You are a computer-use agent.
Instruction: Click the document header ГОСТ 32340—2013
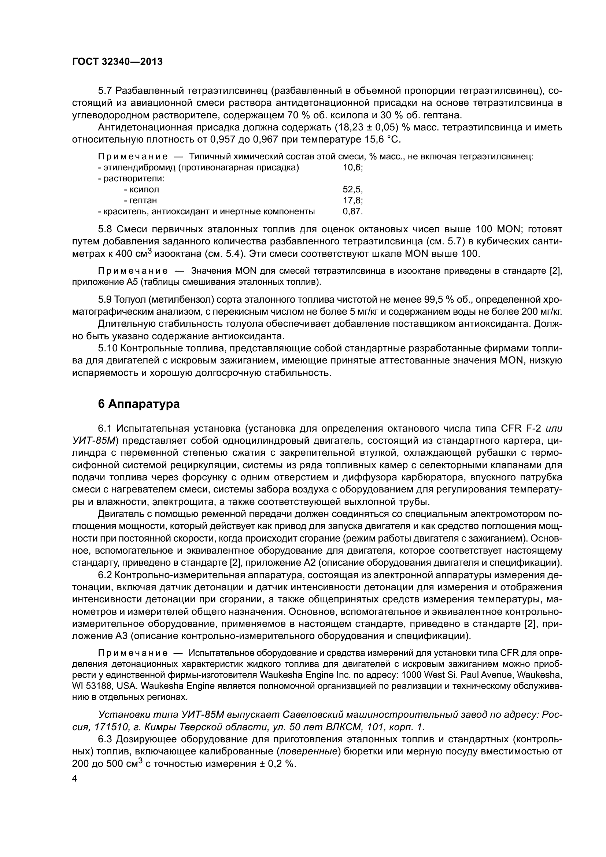point(117,62)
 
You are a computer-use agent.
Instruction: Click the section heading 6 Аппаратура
point(138,404)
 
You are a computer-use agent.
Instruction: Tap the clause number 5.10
point(108,348)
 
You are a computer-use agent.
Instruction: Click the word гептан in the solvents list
point(141,200)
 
